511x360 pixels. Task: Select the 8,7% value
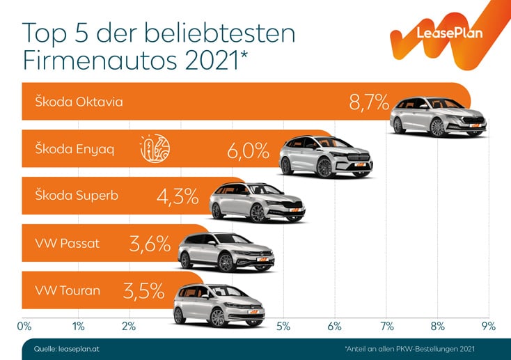368,103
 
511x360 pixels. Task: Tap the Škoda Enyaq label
75,148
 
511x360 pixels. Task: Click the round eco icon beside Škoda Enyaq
155,148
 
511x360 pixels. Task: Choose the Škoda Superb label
77,195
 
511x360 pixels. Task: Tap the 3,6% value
149,244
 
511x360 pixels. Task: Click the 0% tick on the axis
24,325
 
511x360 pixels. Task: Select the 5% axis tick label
283,325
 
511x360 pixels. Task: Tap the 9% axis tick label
487,325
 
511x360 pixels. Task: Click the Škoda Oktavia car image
437,115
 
